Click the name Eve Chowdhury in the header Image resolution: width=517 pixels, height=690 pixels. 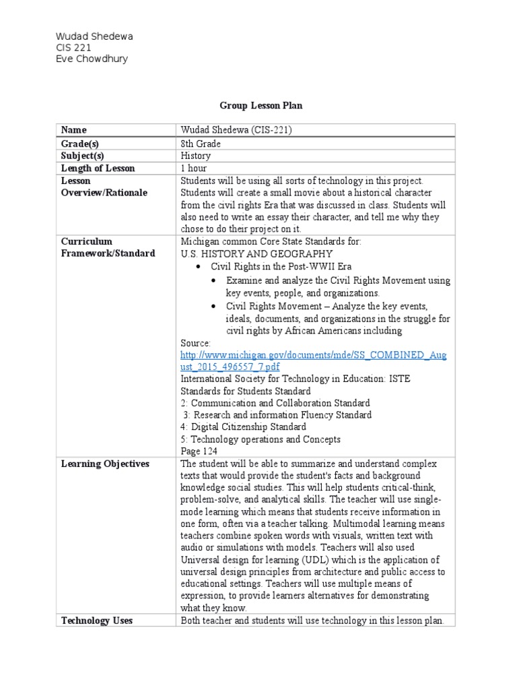[92, 59]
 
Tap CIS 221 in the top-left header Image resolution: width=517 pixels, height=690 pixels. [73, 48]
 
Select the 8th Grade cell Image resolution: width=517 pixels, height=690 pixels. [200, 144]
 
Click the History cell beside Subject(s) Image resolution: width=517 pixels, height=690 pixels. [195, 156]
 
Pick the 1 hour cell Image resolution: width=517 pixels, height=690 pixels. [193, 168]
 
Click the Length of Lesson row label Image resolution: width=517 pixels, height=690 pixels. [98, 168]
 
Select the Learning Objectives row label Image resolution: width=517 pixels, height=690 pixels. [105, 464]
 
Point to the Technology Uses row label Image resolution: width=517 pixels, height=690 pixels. [96, 621]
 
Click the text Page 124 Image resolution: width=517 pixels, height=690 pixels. [200, 451]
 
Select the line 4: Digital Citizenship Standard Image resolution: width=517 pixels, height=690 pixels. [243, 427]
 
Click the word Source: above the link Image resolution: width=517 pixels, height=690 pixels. [196, 343]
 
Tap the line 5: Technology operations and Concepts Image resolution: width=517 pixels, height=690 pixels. [260, 439]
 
